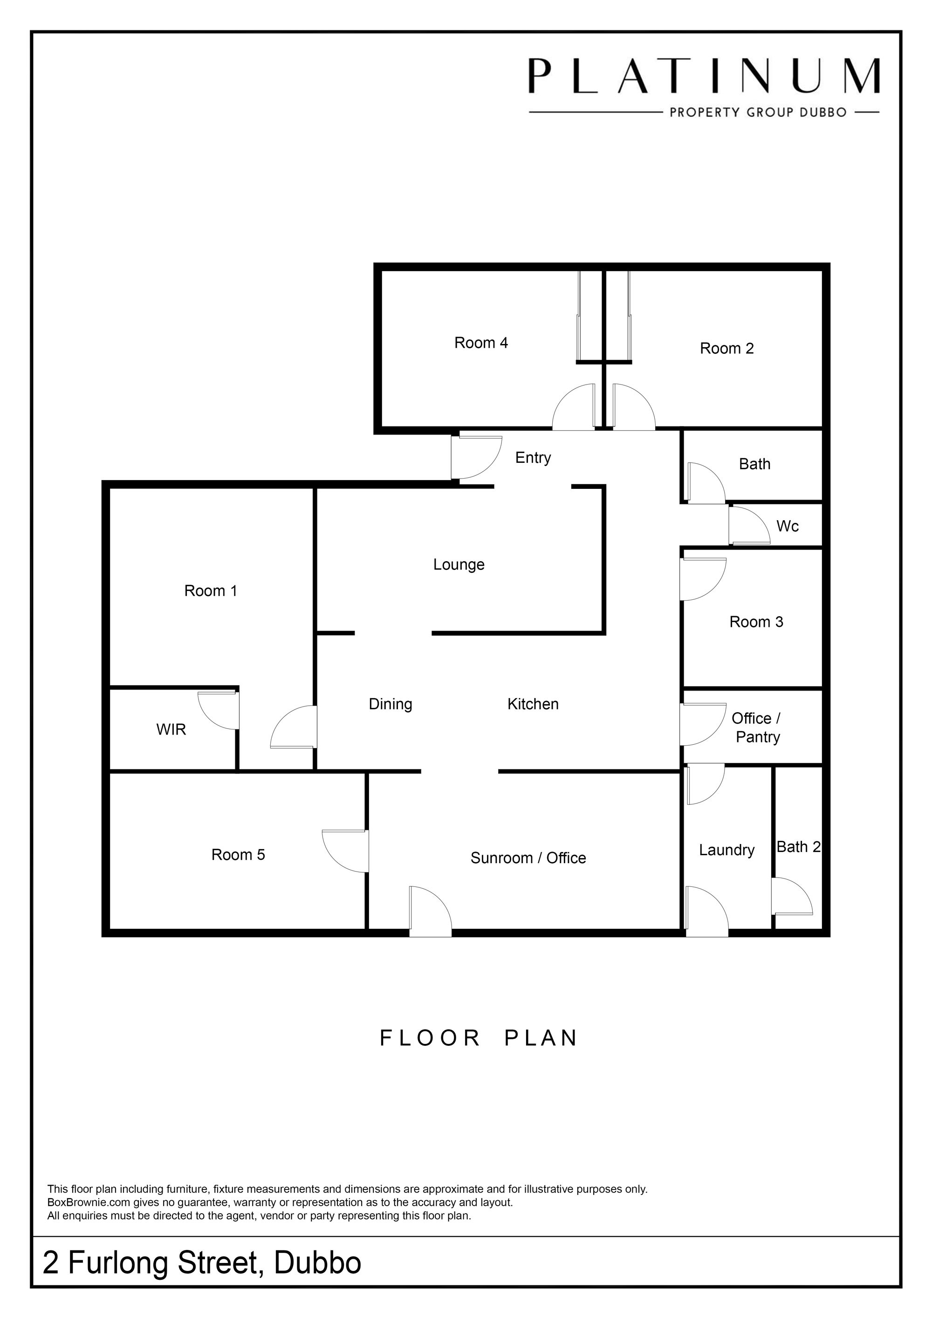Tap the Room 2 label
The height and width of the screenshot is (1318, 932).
click(726, 349)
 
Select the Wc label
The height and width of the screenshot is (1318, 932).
click(788, 526)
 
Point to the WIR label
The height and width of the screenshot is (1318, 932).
click(171, 730)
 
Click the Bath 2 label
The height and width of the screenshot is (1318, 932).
click(798, 847)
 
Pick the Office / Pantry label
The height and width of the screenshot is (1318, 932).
click(756, 728)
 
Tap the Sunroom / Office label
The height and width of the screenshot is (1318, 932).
click(528, 858)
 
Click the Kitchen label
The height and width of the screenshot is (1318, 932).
click(533, 704)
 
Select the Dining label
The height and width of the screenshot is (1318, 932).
click(390, 704)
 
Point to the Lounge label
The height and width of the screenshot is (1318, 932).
click(459, 565)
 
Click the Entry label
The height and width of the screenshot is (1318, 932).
click(533, 458)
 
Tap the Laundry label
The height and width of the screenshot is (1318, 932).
click(726, 850)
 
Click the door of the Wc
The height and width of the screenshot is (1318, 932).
click(749, 525)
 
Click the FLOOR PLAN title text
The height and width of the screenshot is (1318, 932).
click(479, 1038)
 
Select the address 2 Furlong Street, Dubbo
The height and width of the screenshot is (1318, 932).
click(202, 1263)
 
